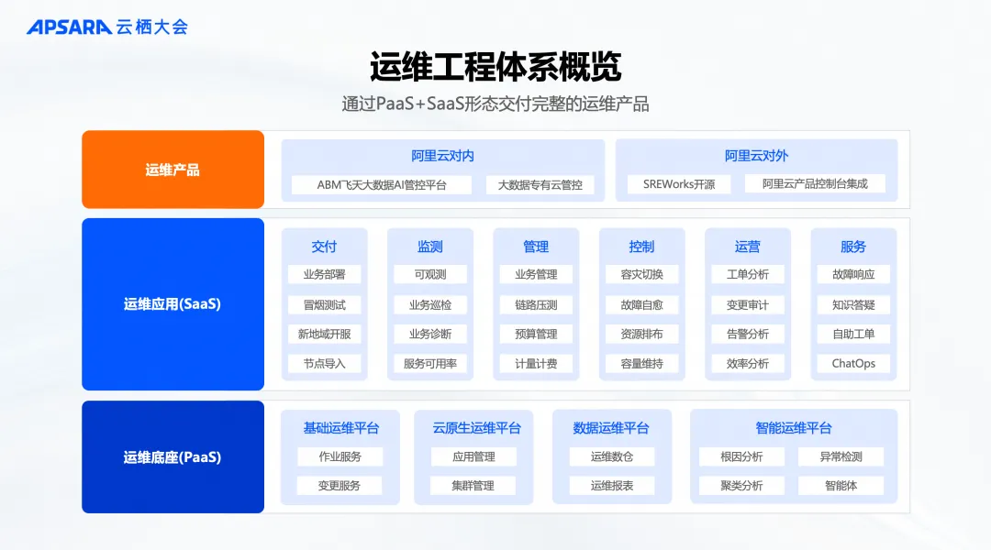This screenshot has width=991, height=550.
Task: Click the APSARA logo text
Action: tap(70, 27)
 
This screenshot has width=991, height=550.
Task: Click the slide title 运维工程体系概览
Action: tap(495, 67)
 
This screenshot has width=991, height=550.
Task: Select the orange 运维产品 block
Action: tap(173, 170)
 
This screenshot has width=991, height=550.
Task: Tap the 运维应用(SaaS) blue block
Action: tap(173, 304)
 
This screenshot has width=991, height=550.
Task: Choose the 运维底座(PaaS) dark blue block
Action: tap(173, 456)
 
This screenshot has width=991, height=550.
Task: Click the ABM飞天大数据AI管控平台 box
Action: tap(382, 184)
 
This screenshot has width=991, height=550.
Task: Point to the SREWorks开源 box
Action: tap(679, 184)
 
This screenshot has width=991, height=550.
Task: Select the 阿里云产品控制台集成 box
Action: tap(815, 184)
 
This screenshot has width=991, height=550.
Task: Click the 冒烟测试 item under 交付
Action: tap(324, 304)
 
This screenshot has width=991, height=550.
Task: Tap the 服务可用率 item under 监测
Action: tap(430, 363)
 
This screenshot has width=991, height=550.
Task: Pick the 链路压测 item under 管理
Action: tap(536, 304)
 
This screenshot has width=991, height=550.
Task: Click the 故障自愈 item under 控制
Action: tap(641, 304)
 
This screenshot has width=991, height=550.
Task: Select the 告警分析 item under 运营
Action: tap(748, 334)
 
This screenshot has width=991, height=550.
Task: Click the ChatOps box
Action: tap(853, 363)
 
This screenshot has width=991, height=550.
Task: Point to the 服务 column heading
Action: tap(853, 247)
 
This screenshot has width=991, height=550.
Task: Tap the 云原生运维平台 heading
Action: tap(476, 428)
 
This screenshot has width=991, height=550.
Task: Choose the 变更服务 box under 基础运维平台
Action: tap(340, 485)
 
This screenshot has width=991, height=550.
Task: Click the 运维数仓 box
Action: tap(612, 456)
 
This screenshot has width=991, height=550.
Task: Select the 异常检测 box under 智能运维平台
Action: tap(841, 456)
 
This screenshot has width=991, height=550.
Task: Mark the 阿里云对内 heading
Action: tap(442, 156)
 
